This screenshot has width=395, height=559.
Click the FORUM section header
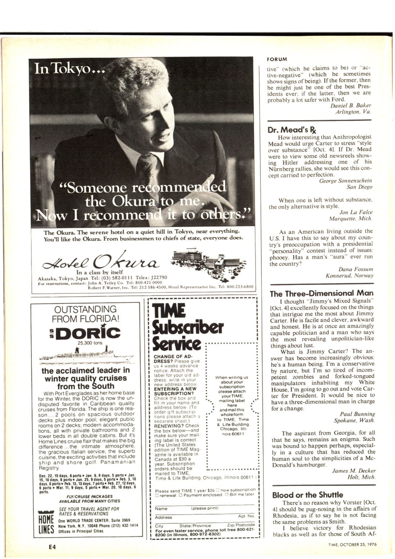[x=277, y=59]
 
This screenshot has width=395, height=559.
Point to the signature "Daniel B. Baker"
[x=351, y=106]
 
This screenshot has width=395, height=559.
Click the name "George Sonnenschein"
[x=346, y=181]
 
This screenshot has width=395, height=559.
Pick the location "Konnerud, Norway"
[x=349, y=276]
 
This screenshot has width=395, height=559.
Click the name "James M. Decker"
[x=354, y=471]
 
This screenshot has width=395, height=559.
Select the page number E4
[x=52, y=547]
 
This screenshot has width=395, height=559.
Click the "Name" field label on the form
[x=161, y=509]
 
